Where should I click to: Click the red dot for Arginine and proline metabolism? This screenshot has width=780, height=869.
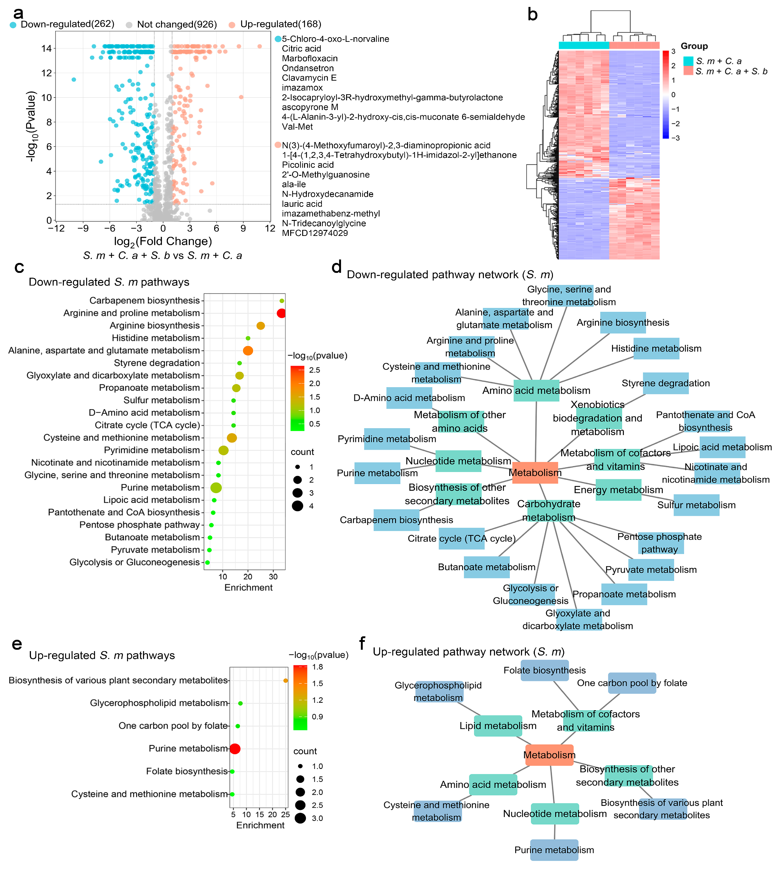[281, 313]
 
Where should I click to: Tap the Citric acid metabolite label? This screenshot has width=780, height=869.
[301, 49]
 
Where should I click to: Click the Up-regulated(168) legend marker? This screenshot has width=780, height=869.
[232, 24]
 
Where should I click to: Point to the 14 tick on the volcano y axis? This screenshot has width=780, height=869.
[46, 49]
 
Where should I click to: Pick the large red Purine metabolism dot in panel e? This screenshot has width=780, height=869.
[235, 749]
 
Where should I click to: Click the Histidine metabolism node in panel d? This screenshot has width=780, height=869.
[656, 348]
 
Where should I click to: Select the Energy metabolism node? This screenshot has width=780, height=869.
[619, 490]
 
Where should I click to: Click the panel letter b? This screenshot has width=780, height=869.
[532, 15]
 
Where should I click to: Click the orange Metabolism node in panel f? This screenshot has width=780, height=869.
[549, 755]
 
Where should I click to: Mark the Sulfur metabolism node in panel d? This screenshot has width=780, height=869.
[696, 505]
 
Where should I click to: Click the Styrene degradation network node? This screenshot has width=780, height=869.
[666, 383]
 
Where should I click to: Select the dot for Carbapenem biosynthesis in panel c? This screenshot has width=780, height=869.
[282, 301]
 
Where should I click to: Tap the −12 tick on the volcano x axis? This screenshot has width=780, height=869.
[56, 228]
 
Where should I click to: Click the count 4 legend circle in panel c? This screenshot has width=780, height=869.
[297, 506]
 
